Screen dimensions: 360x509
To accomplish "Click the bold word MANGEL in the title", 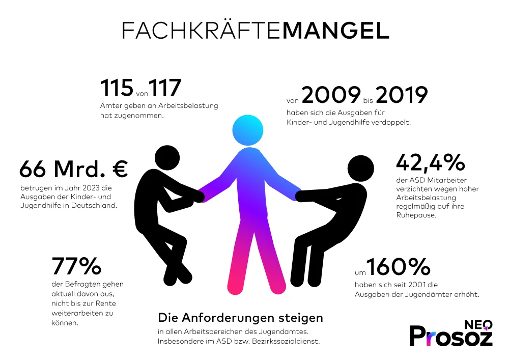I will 335,31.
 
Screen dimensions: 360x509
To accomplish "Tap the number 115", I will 117,88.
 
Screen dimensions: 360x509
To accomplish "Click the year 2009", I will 331,95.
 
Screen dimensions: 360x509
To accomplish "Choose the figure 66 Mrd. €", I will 74,169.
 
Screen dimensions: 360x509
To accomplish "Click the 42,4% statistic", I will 431,162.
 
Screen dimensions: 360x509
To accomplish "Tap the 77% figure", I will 77,266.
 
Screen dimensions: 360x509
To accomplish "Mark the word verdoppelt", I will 393,123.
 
